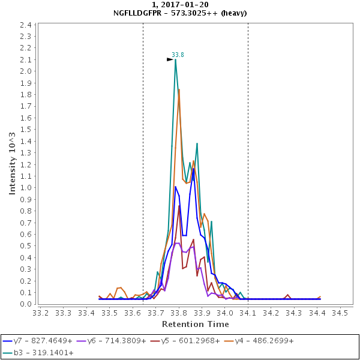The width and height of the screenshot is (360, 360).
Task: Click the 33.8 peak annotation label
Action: coord(178,55)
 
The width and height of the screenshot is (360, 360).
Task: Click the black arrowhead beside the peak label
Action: coord(170,59)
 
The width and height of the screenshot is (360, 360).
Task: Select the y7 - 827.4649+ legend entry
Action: coord(35,340)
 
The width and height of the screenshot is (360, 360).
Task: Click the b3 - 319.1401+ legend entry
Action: coord(35,353)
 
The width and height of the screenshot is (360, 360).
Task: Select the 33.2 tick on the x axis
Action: coord(40,313)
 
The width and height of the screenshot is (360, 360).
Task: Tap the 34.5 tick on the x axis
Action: coord(340,313)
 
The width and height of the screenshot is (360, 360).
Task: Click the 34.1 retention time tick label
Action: coord(248,313)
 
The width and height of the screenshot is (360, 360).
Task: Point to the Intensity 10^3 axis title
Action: coord(12,163)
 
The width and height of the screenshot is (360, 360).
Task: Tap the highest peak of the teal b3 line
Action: coord(175,59)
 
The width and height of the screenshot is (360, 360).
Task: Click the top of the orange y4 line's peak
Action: coord(179,89)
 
